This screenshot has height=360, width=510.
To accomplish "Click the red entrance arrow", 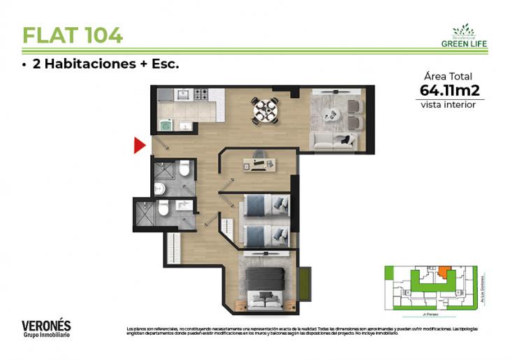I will click(x=139, y=145).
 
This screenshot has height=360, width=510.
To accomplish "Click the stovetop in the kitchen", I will click(x=201, y=94).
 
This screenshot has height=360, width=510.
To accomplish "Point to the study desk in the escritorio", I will click(x=258, y=164).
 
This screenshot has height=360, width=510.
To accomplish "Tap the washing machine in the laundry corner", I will click(x=166, y=125).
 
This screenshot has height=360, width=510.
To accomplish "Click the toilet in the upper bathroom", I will click(x=184, y=169).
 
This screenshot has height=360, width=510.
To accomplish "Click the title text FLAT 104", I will click(x=73, y=34).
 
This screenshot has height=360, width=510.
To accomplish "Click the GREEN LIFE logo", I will click(x=464, y=36).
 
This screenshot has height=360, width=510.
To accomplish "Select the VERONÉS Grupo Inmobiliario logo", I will click(x=46, y=328).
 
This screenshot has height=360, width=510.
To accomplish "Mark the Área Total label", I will click(x=448, y=76).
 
